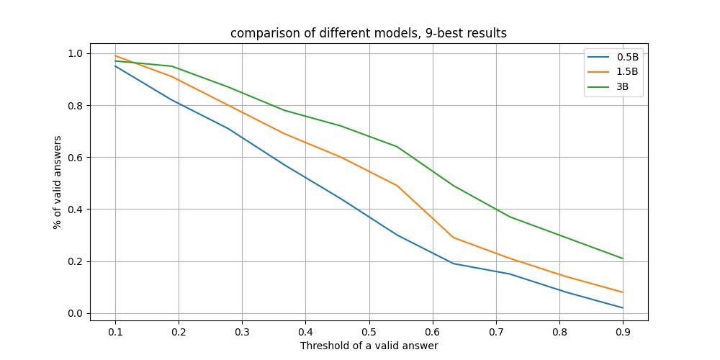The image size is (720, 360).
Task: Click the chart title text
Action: coord(369,34)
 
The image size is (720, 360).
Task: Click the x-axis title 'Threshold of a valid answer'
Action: coord(369,346)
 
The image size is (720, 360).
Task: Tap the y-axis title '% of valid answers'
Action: coord(57,182)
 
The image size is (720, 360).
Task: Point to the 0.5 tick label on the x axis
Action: coord(369,331)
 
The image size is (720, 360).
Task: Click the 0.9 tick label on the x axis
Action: coord(623,331)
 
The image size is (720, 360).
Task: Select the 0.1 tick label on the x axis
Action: coord(114,331)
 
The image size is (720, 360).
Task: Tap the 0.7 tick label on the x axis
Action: coord(496,331)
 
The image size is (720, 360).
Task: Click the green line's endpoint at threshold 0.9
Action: coord(623,258)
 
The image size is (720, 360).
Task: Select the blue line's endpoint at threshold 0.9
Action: coord(623,307)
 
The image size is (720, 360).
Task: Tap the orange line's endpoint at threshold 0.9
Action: coord(623,292)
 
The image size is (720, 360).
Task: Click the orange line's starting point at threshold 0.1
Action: coord(114,55)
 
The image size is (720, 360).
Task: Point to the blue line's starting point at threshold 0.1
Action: coord(114,66)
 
